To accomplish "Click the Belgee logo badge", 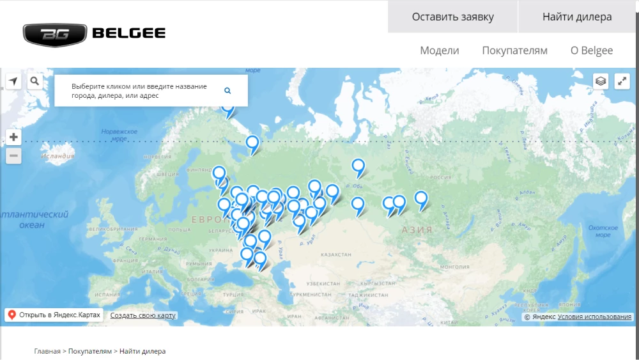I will click(x=55, y=35).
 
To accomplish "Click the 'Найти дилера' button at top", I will click(x=577, y=17).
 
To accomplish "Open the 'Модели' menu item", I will click(x=440, y=51).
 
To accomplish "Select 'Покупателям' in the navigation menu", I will click(x=514, y=51).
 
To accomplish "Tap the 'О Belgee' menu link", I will click(x=592, y=51).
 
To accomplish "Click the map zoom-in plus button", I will click(x=13, y=137).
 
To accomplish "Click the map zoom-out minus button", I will click(x=13, y=156).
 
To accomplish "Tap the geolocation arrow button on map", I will click(x=13, y=81).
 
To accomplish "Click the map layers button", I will click(x=601, y=81).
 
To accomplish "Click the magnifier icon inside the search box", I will click(x=227, y=91).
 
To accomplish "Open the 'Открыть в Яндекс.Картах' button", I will click(x=54, y=315).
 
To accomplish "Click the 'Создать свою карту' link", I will click(x=143, y=315).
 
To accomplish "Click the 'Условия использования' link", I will click(x=595, y=317).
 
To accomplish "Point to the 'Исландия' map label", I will click(x=58, y=155).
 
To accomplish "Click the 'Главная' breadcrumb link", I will click(x=47, y=351).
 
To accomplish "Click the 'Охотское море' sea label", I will click(x=602, y=231).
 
